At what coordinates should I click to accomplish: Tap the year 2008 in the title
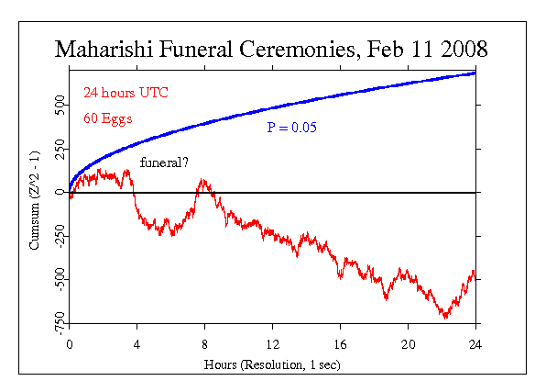(x=463, y=49)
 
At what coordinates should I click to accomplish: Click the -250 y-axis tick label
(x=55, y=236)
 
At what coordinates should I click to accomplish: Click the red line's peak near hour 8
(x=202, y=181)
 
